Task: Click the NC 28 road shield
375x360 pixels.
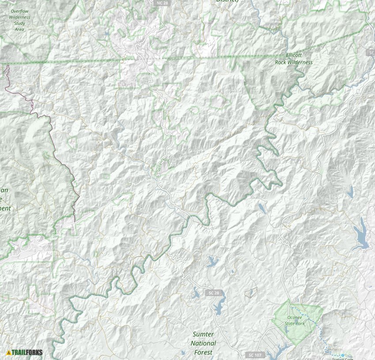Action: (163, 3)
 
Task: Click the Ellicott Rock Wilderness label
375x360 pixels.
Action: (293, 59)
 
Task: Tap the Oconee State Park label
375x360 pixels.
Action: (296, 320)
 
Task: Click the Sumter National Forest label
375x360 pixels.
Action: (203, 343)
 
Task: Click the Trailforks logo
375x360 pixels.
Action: (25, 353)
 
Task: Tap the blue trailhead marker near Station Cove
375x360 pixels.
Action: (342, 355)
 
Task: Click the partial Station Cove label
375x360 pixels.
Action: (343, 359)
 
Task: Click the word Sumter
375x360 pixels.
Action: (203, 334)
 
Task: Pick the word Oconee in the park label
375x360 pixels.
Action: (295, 317)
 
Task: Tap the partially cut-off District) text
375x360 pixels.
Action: (227, 1)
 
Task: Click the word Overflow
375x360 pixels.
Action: (20, 10)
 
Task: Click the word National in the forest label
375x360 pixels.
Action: (203, 343)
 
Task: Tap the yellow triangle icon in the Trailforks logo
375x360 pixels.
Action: (9, 353)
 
